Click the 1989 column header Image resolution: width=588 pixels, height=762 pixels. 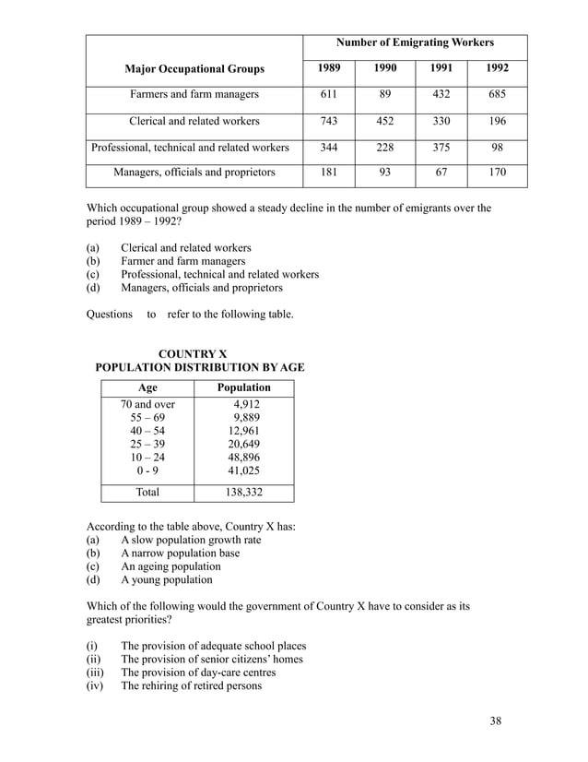point(328,68)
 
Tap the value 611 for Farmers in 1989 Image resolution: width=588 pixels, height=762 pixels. point(328,94)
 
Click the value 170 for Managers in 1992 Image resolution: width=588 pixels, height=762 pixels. point(499,172)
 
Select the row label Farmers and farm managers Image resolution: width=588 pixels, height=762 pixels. point(194,94)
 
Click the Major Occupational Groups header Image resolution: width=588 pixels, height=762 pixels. point(194,69)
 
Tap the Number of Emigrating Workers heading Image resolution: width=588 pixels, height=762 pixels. point(415,42)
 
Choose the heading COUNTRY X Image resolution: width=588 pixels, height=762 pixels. point(194,354)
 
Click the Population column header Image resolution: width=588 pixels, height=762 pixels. point(243,387)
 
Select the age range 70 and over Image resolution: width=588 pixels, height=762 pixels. point(147,404)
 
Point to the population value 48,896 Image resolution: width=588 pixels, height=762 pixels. point(244,457)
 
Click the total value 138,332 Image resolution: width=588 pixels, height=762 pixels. point(243,492)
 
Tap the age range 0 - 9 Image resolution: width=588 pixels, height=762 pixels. point(147,470)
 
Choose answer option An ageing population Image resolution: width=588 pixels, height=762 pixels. point(171,566)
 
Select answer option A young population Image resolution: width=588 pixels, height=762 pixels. point(166,579)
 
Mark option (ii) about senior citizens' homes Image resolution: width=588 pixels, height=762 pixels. point(211,659)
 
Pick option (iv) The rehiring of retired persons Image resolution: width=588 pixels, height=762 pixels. point(191,685)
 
